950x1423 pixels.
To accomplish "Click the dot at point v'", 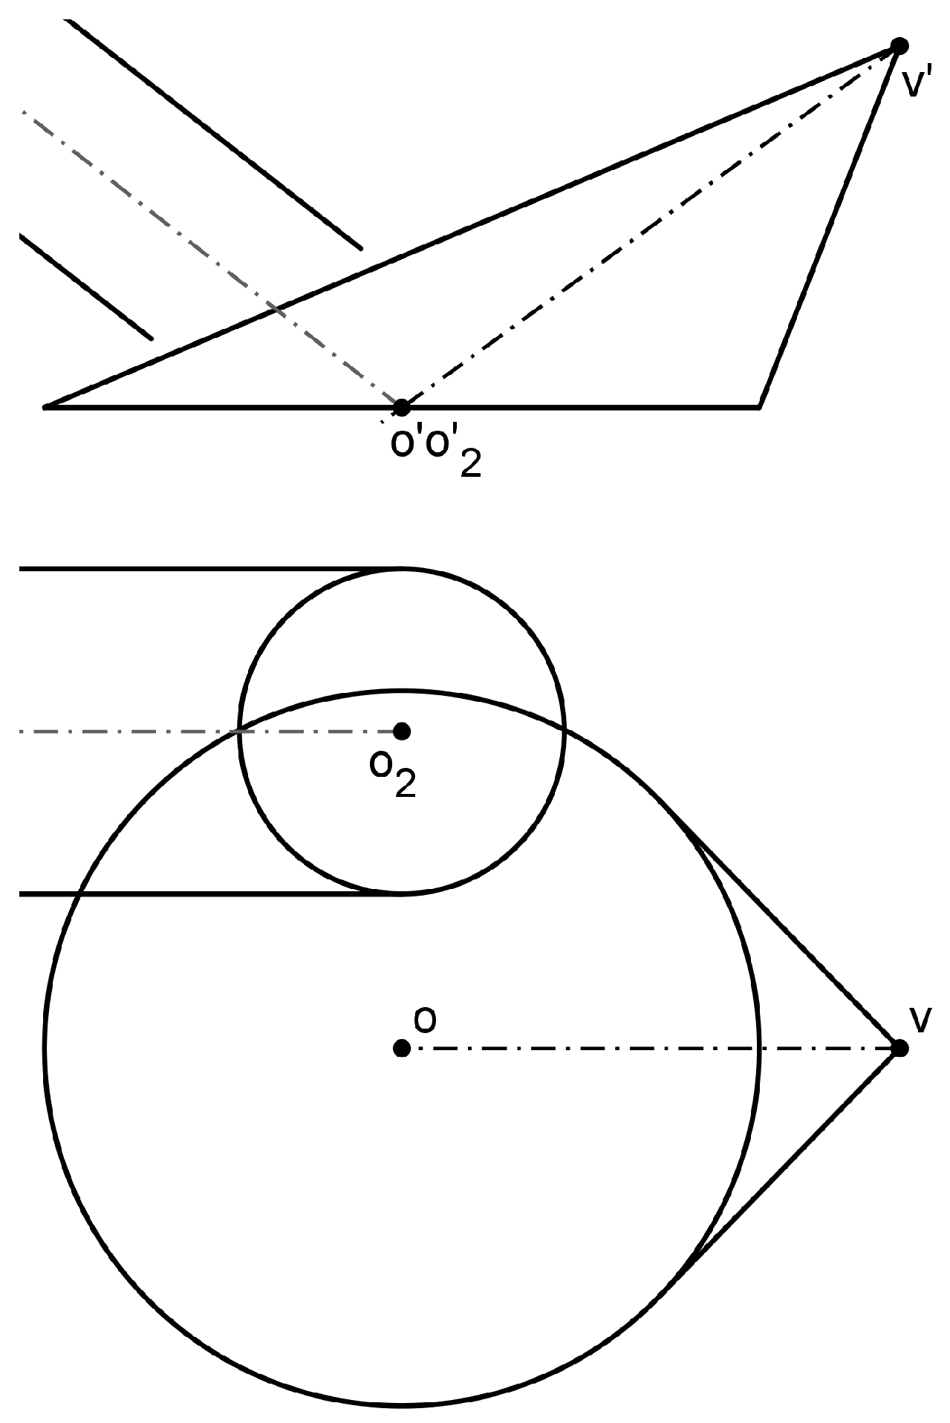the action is (899, 46).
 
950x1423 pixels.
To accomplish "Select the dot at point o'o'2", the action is (401, 407).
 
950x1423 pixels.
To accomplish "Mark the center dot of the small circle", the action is (402, 732).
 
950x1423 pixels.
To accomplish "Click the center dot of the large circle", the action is (402, 1048).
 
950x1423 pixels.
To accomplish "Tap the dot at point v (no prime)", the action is (899, 1048).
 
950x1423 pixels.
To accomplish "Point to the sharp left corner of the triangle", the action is (46, 406).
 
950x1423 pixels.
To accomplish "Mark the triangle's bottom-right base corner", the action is (758, 406).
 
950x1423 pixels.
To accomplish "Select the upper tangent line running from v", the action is (787, 932).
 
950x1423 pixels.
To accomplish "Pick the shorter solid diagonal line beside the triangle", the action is (85, 287).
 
